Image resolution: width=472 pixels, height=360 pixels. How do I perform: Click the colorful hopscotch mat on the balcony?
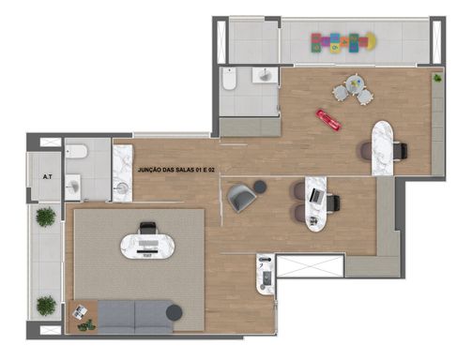[343, 42]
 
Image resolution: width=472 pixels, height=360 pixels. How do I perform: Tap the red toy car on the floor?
[328, 120]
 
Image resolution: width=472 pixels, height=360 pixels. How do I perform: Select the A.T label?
[48, 177]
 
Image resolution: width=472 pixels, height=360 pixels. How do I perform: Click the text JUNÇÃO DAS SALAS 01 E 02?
[176, 170]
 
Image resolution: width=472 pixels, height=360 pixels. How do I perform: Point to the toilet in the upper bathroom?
[229, 79]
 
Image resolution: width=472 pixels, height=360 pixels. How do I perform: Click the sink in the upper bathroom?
[265, 75]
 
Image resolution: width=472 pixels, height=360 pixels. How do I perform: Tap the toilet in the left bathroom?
[77, 151]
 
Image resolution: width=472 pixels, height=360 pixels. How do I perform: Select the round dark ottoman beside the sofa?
[174, 312]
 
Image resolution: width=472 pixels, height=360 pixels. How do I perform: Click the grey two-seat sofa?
[135, 317]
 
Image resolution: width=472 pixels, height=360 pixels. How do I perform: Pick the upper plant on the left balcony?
[46, 217]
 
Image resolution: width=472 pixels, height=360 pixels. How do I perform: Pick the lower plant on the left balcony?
[46, 306]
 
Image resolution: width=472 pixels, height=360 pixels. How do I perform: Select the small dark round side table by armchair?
[260, 187]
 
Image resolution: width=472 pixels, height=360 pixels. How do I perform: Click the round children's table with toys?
[356, 82]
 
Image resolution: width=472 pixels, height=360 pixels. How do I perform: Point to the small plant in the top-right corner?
[437, 78]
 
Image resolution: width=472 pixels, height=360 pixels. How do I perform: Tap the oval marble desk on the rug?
[147, 247]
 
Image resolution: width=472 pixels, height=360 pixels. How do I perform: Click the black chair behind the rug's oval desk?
[147, 228]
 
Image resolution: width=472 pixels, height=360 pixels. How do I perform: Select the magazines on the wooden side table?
[80, 311]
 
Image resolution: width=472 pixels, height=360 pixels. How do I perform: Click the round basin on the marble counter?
[122, 188]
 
